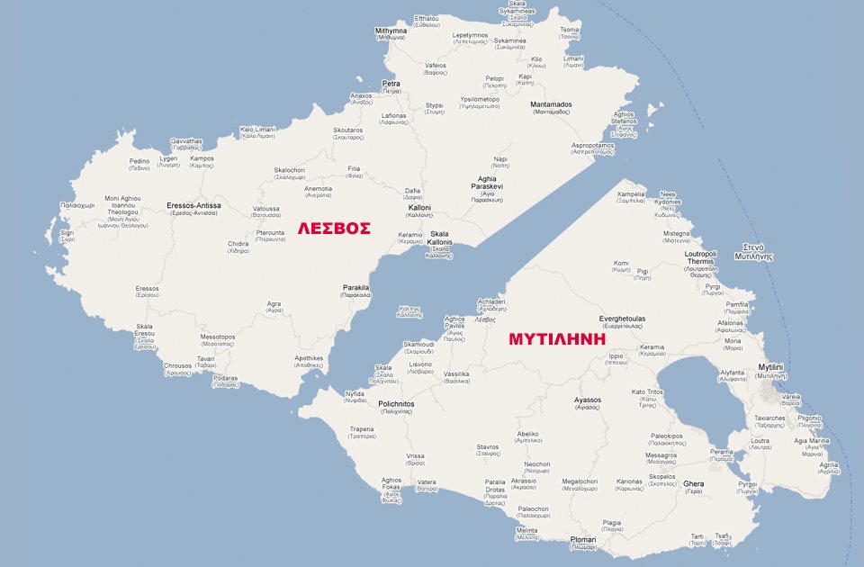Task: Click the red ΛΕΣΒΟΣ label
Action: coord(335,229)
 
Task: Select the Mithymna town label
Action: coord(391,31)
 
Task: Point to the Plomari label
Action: coord(583,539)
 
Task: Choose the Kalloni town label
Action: coord(419,208)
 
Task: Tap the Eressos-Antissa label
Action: coord(193,205)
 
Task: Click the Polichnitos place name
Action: coord(396,404)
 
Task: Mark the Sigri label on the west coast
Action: coord(67,232)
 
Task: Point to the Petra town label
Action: coord(391,84)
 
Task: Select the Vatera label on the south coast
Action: coord(427,482)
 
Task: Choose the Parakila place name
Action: coord(356,288)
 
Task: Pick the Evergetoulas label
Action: coord(624,319)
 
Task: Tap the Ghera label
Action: coord(693,483)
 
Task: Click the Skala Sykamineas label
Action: coord(517,11)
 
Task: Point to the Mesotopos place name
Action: coord(218,337)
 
